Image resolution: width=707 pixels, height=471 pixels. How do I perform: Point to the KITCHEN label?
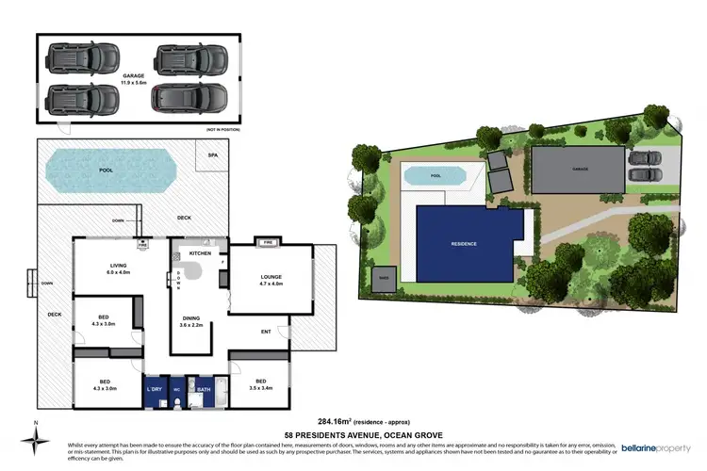[x=200, y=253]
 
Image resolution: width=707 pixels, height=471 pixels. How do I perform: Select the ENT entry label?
[x=266, y=332]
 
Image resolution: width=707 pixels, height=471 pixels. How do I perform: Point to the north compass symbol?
[x=35, y=438]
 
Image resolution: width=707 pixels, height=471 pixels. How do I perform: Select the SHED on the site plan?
[x=384, y=278]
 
